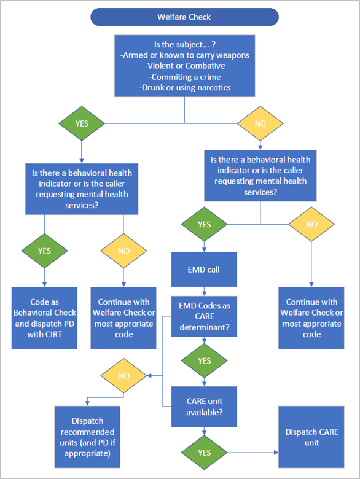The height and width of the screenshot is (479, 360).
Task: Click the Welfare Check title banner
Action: coord(184,17)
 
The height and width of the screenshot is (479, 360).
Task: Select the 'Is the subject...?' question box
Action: coord(184,66)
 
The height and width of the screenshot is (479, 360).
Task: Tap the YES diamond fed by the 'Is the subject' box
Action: coord(82,123)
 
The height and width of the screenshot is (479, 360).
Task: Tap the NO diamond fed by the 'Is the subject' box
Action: coord(260,123)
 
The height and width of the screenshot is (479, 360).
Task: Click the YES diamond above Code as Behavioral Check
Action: coord(44,251)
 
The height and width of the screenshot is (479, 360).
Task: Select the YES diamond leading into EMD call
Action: coord(204,224)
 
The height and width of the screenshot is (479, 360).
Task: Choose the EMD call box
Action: coord(204,268)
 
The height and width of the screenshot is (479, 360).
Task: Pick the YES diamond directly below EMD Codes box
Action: coord(204,361)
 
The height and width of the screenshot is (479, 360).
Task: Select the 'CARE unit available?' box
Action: coord(204,406)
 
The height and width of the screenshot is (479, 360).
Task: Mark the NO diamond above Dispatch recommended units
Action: coord(123,375)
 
